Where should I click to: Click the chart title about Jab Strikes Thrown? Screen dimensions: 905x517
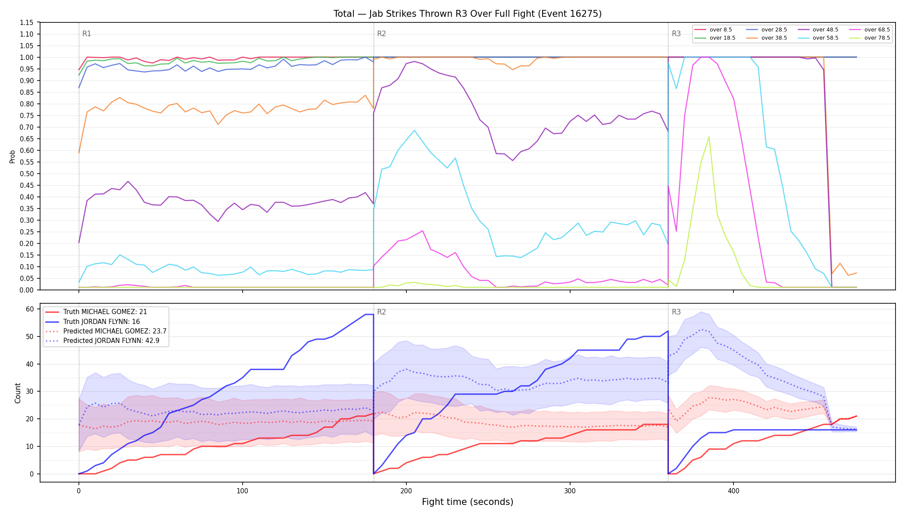[x=468, y=14]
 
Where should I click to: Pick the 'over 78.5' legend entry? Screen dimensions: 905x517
[x=870, y=38]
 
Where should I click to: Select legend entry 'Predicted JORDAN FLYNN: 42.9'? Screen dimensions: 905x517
[x=106, y=341]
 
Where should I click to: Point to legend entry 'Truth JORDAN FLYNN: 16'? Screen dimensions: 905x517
[x=93, y=322]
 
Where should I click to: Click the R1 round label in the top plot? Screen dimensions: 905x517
[x=87, y=34]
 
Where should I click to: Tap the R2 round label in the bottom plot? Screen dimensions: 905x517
[x=381, y=312]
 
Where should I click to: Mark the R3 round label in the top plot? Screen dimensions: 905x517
[x=676, y=34]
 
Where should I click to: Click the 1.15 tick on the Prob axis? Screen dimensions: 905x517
[x=27, y=22]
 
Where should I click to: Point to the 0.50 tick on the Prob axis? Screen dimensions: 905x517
[x=27, y=174]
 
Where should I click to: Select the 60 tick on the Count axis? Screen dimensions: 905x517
[x=30, y=309]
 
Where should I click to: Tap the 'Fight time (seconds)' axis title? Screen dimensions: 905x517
[x=468, y=502]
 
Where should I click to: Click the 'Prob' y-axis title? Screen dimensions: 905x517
[x=12, y=156]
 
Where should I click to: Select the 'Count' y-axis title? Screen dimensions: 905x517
[x=18, y=393]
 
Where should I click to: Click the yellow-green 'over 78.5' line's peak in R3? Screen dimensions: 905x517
[x=709, y=137]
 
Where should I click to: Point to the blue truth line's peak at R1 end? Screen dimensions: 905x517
[x=369, y=315]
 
